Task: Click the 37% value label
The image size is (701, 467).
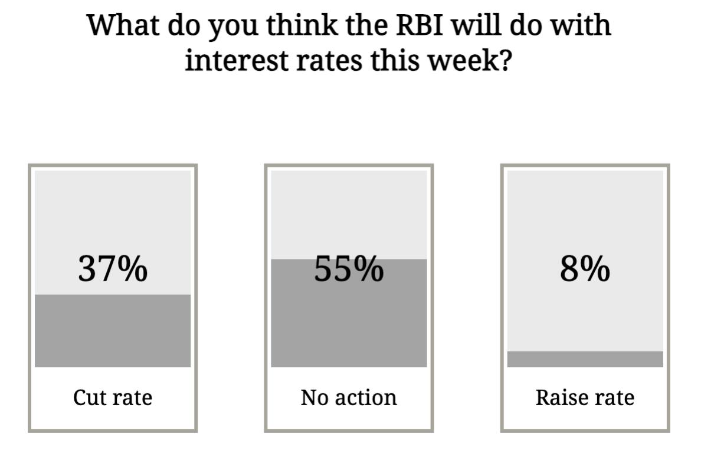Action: pos(113,268)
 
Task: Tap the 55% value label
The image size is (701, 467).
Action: pos(349,268)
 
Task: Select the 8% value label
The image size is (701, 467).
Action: pos(585,268)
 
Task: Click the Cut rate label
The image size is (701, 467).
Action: pos(113,397)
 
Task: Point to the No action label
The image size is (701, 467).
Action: pos(349,397)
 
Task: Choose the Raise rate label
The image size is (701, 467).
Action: pos(585,397)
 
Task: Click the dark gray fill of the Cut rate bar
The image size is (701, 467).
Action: pos(113,331)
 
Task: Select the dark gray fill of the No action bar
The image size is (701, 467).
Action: pos(349,313)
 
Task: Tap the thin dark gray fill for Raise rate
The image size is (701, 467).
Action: pos(585,359)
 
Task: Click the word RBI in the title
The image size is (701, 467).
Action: pos(420,25)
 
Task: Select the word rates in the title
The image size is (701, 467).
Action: pos(329,61)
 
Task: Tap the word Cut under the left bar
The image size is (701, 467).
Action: pos(87,397)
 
